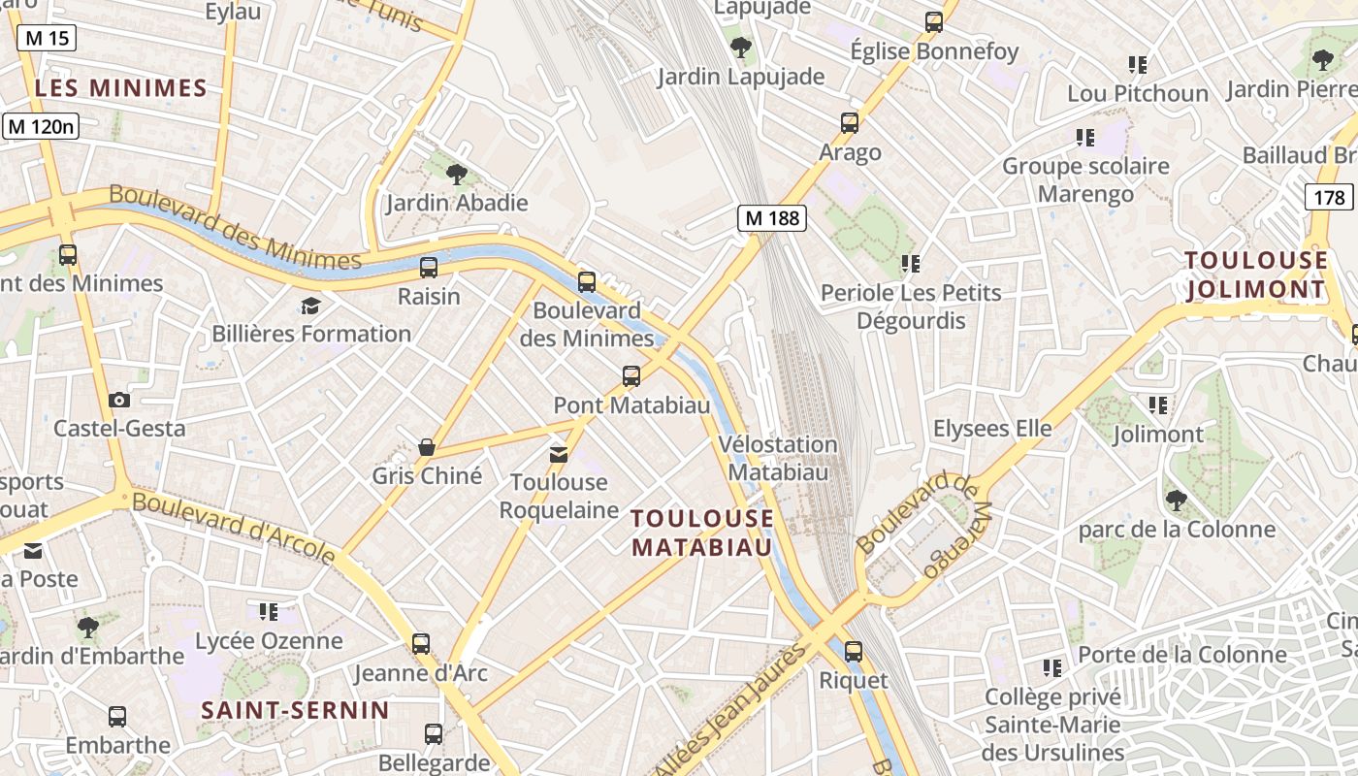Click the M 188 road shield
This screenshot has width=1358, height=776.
[772, 218]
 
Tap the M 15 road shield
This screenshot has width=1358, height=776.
[46, 38]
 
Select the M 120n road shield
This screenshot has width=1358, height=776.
[42, 126]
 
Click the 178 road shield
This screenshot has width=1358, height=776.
[1329, 198]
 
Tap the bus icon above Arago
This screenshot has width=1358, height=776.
[850, 123]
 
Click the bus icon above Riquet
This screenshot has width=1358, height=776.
[854, 652]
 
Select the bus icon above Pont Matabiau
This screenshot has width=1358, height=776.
[631, 375]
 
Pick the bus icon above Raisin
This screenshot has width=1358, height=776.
[429, 268]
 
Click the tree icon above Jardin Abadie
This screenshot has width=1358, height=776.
[456, 175]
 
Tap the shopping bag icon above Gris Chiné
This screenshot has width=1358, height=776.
[426, 447]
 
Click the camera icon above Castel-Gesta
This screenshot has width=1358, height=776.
[119, 400]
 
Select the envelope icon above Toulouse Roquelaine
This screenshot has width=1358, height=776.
[559, 454]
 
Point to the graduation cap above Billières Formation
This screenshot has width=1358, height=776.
[310, 307]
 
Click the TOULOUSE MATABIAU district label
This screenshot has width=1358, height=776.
[702, 533]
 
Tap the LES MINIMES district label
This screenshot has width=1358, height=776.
[121, 88]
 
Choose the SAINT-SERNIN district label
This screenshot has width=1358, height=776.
[295, 710]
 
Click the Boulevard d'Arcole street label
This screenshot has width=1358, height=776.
[234, 528]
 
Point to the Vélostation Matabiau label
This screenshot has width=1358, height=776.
[778, 459]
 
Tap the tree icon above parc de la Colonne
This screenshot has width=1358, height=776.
[1177, 501]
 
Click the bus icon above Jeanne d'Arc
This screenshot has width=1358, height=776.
[421, 643]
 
